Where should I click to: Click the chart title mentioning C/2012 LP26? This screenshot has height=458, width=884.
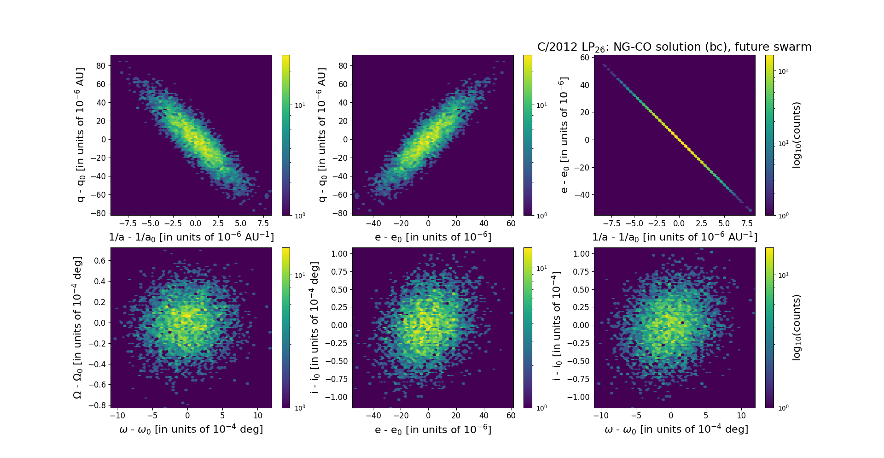(x=674, y=47)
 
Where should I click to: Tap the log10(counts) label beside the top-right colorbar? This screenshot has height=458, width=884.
(x=797, y=135)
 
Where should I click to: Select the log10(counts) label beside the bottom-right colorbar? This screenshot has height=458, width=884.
(x=797, y=328)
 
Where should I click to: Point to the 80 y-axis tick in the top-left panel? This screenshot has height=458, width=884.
(x=101, y=65)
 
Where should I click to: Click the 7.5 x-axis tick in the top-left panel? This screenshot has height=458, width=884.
(x=263, y=223)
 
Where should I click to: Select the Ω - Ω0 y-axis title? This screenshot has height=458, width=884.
(x=78, y=328)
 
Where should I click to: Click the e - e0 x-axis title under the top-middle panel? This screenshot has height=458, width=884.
(x=433, y=237)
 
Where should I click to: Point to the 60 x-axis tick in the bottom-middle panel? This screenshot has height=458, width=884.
(x=511, y=416)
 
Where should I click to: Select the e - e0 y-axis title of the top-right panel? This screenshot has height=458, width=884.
(x=563, y=135)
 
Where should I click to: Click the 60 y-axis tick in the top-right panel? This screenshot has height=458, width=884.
(x=584, y=58)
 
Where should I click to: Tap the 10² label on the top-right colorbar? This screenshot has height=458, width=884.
(x=783, y=71)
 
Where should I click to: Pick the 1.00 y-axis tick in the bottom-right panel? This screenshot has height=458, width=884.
(x=581, y=253)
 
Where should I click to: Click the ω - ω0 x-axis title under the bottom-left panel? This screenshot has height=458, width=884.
(x=191, y=429)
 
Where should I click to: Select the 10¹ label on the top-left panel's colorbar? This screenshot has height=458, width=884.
(x=300, y=106)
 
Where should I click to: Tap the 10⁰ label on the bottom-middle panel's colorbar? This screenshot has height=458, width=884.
(x=541, y=408)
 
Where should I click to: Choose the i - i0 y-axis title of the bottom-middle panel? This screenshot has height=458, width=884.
(x=315, y=328)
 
